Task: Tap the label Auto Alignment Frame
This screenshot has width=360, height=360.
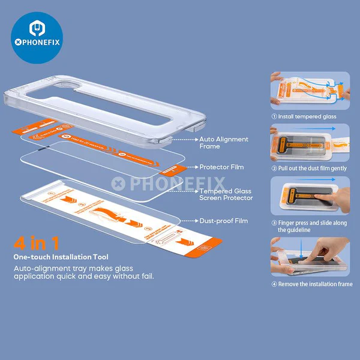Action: click(223, 143)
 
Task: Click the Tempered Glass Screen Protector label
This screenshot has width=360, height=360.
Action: click(226, 194)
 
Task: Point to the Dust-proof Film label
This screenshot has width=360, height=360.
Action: click(223, 221)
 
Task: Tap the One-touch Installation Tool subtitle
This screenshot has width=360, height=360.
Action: click(61, 256)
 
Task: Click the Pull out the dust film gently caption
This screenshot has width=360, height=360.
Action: click(312, 169)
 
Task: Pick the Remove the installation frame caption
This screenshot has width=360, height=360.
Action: click(312, 284)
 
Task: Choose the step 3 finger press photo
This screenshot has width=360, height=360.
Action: click(309, 196)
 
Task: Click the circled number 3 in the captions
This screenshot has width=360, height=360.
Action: click(274, 221)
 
